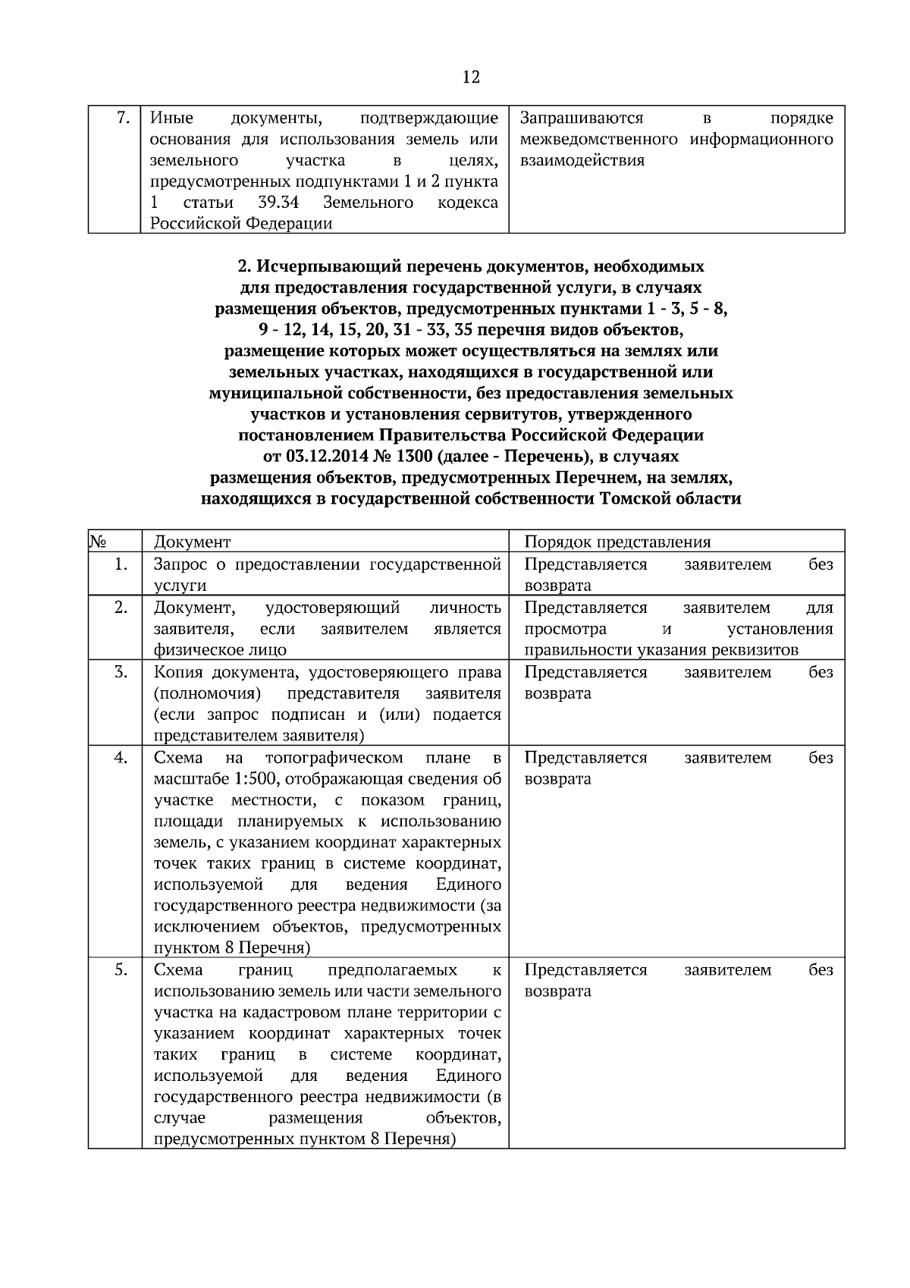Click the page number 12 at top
coord(470,77)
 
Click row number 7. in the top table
coord(124,118)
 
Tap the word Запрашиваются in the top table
coord(582,118)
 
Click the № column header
coord(97,542)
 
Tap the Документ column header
coord(192,542)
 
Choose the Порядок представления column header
coord(617,542)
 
